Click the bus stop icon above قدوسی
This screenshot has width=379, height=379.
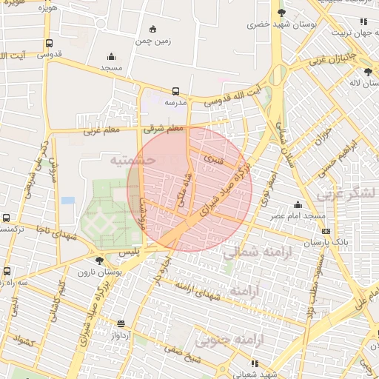[x=49, y=43]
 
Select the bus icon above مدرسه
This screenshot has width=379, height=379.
[x=175, y=91]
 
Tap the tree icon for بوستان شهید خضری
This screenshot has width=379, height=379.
[x=280, y=13]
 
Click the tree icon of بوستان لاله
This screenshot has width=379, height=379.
[x=368, y=72]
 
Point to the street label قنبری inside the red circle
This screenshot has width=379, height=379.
[x=213, y=159]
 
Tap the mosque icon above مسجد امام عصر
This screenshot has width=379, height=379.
[x=298, y=204]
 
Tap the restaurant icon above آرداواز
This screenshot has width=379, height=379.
[x=121, y=323]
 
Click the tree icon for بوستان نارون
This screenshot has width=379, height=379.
[x=99, y=260]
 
